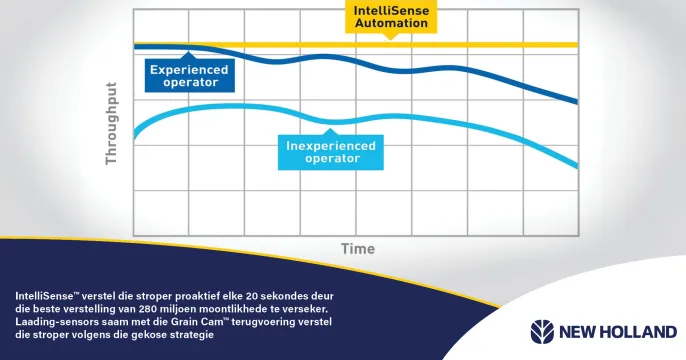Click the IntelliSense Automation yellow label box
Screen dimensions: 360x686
click(391, 16)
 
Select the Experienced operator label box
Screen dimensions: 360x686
click(188, 76)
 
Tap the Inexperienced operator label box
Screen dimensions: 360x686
click(331, 152)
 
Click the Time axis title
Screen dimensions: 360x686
click(357, 248)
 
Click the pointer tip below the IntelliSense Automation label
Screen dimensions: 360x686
click(391, 38)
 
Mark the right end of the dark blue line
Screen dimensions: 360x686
click(577, 102)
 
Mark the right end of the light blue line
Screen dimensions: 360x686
click(577, 166)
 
